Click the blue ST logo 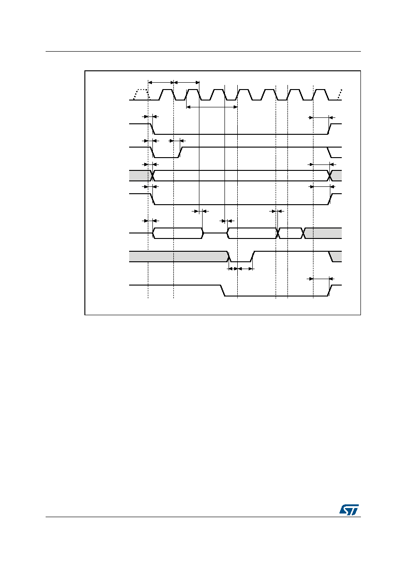pyautogui.click(x=349, y=510)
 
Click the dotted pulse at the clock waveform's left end pyautogui.click(x=141, y=94)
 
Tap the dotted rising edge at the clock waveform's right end pyautogui.click(x=339, y=95)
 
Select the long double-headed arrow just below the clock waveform pyautogui.click(x=212, y=107)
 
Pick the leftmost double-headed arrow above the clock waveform pyautogui.click(x=161, y=82)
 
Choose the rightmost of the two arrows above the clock pyautogui.click(x=187, y=82)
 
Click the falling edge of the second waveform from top pyautogui.click(x=152, y=129)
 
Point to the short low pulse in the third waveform pyautogui.click(x=167, y=152)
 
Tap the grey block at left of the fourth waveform pyautogui.click(x=140, y=175)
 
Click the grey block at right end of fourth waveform pyautogui.click(x=336, y=175)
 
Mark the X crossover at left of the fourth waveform pyautogui.click(x=152, y=175)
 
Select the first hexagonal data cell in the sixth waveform pyautogui.click(x=178, y=233)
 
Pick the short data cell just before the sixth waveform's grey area pyautogui.click(x=291, y=233)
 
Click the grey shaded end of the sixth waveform pyautogui.click(x=323, y=233)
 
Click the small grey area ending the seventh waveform pyautogui.click(x=336, y=256)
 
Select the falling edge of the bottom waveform pyautogui.click(x=223, y=291)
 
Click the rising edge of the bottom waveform pyautogui.click(x=330, y=291)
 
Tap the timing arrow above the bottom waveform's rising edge pyautogui.click(x=321, y=279)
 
